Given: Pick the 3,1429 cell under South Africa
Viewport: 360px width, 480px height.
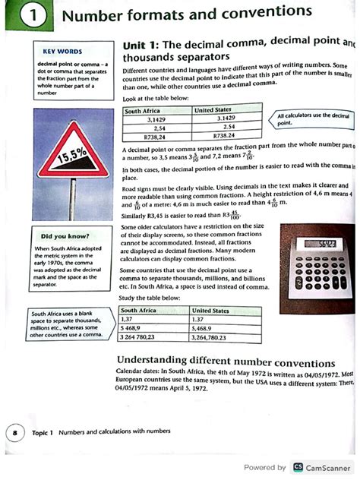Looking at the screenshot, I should coord(156,119).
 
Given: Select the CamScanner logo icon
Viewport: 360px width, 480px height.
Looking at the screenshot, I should coord(298,468).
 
